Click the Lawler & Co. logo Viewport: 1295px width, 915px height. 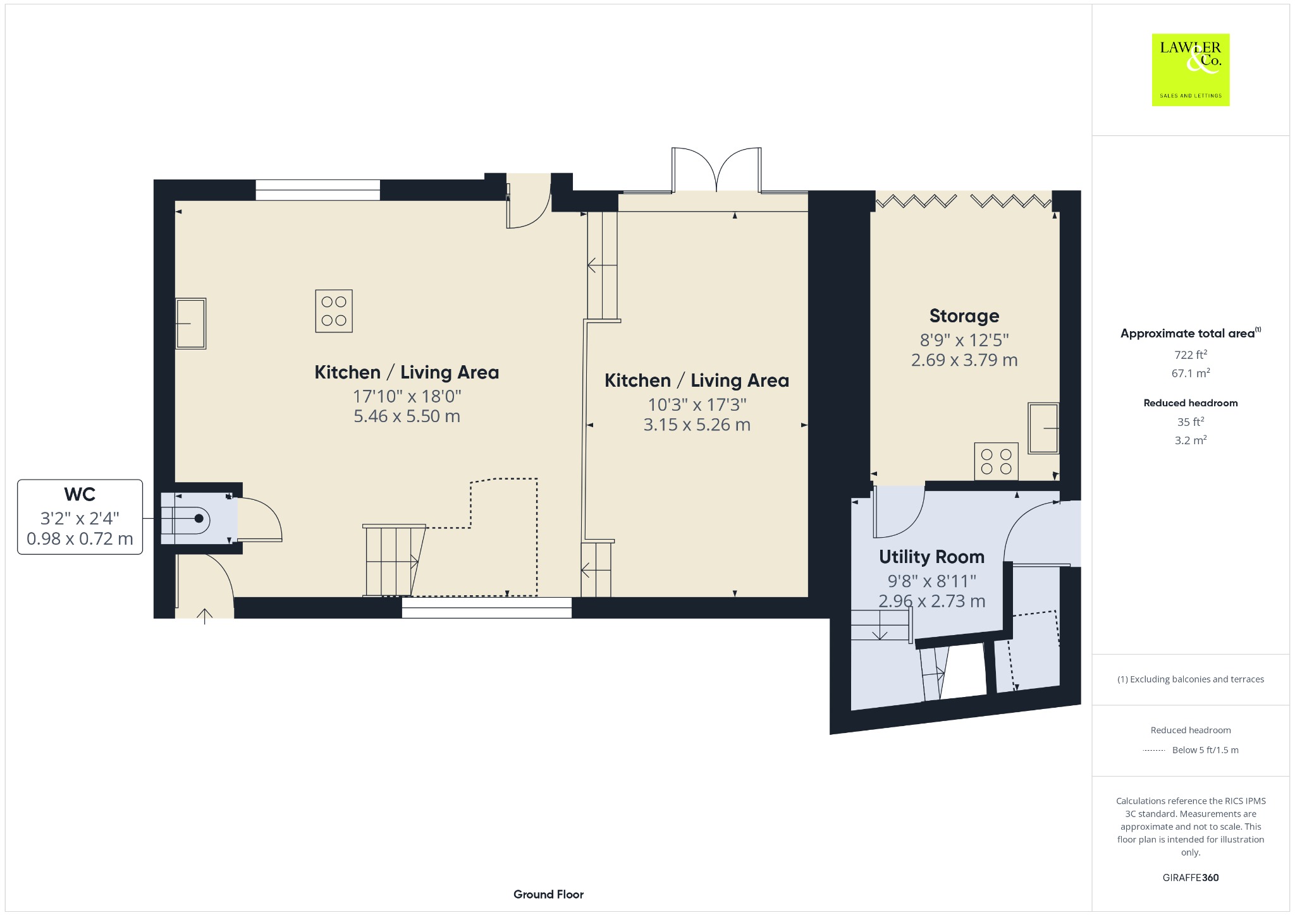(1190, 70)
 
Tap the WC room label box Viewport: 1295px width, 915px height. (80, 517)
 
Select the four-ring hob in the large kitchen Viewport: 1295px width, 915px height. (334, 311)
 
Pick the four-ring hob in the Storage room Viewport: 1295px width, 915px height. (997, 461)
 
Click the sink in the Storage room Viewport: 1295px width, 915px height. (1043, 428)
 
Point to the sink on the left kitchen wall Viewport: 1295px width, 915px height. (190, 323)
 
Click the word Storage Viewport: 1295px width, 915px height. (964, 315)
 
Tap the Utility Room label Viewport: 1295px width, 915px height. (931, 557)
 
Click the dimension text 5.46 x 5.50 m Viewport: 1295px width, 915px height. (407, 416)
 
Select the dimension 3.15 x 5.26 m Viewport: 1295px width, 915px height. (697, 425)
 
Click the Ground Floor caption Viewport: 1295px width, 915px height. (548, 894)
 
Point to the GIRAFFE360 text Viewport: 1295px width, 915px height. (1191, 877)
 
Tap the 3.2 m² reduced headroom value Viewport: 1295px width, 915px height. (1191, 440)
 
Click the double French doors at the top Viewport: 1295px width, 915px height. (716, 169)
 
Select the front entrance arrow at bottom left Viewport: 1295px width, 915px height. (205, 616)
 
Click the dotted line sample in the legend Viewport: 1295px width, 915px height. (1153, 751)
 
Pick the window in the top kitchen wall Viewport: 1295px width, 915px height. (317, 190)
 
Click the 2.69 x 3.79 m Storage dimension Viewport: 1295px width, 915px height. (964, 360)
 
